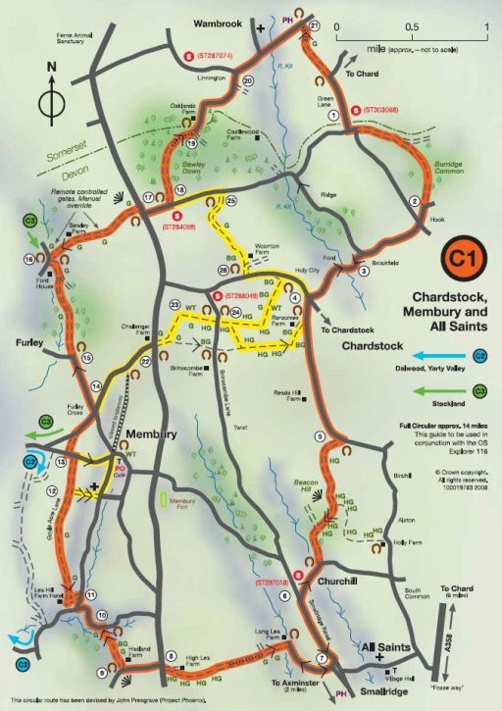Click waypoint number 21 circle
coord(315,26)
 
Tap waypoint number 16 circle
coord(29,259)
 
